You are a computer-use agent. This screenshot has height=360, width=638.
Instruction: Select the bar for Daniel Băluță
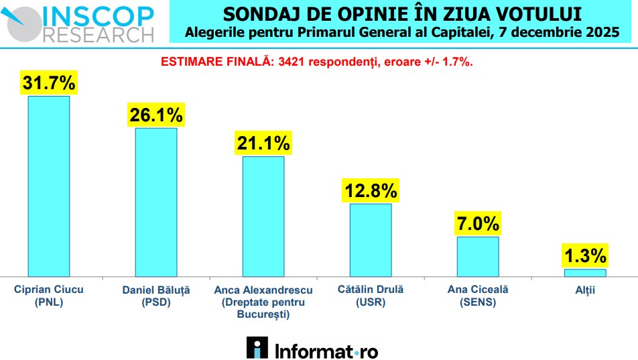point(156,202)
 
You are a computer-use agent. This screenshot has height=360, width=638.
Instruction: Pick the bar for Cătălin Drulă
point(371,239)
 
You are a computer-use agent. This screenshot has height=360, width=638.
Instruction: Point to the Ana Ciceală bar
point(478,256)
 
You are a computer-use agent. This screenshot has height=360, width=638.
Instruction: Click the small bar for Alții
point(584,273)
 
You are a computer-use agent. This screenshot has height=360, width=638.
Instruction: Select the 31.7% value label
point(49,83)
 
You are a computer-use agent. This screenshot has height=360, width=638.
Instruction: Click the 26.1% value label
point(156,115)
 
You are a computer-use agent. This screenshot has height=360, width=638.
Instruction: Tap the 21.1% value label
point(263,143)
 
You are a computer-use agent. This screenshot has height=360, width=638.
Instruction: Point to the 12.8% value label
point(371,191)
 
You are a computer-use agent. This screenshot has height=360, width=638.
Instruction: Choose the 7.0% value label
point(478,223)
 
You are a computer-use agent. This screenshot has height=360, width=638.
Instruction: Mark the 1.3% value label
point(584,255)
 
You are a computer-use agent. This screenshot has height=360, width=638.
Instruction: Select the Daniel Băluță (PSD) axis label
point(156,296)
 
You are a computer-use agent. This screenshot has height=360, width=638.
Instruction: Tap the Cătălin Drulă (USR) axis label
point(371,296)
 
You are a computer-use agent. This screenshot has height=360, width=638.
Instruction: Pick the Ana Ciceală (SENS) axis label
point(478,296)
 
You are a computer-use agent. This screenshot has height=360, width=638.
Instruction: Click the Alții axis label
point(584,290)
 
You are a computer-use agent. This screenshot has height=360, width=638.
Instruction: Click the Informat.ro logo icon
point(257,348)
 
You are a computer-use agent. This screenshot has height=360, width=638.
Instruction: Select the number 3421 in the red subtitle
point(290,62)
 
